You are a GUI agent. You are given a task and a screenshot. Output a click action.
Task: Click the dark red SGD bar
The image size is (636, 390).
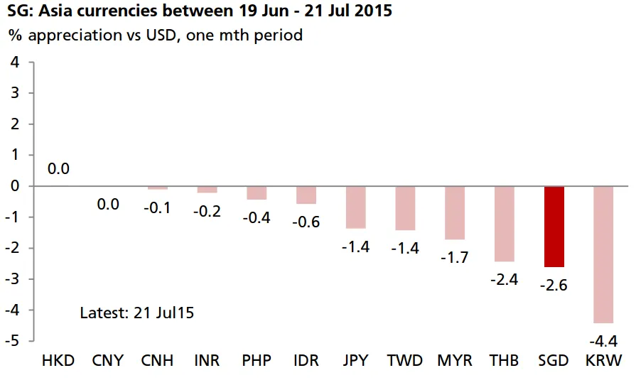tap(554, 227)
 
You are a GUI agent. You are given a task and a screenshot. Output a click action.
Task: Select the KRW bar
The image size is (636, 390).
tap(603, 254)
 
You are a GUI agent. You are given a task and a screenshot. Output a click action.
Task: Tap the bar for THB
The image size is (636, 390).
tap(504, 224)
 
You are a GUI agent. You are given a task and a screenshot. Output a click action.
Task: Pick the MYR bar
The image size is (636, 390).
tap(454, 212)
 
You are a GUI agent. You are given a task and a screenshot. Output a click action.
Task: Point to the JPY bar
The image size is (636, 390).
tap(355, 207)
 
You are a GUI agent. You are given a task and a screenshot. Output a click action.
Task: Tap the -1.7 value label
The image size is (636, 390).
tap(454, 256)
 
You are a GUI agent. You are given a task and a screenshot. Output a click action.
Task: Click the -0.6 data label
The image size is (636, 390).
tap(306, 222)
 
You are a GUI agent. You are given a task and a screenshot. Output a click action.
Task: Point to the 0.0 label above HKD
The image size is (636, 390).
tap(58, 169)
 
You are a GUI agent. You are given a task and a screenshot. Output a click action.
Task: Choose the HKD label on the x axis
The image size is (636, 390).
tap(58, 360)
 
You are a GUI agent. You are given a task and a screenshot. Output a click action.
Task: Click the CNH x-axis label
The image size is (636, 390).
tap(157, 360)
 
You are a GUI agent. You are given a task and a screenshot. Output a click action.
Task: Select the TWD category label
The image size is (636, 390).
tap(405, 360)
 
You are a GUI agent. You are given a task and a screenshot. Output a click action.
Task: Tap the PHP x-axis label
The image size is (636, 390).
tap(256, 360)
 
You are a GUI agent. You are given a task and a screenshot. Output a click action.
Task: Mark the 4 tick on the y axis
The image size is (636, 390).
tap(15, 62)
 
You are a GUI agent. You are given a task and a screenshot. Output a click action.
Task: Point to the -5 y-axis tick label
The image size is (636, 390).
tap(13, 341)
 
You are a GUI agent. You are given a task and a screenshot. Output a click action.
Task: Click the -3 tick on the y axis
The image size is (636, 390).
tap(13, 279)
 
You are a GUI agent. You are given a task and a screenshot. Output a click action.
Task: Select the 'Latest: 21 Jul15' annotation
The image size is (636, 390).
tap(137, 313)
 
